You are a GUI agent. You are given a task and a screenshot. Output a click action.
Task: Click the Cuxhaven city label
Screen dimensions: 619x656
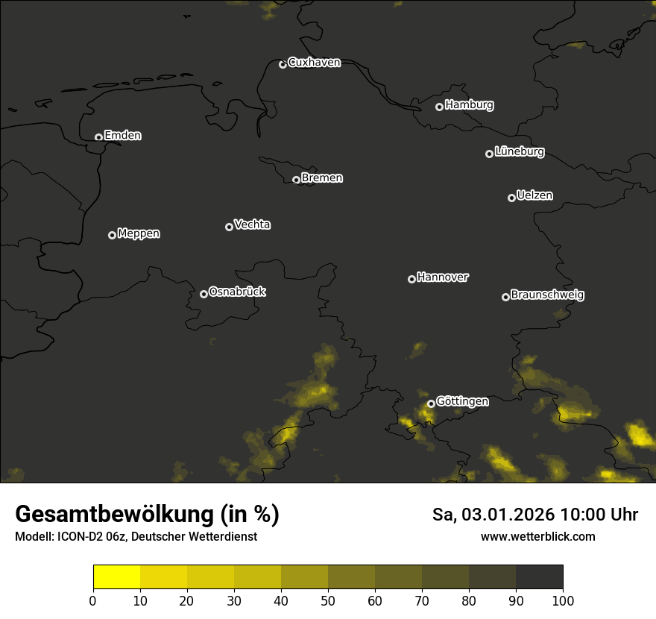click(314, 63)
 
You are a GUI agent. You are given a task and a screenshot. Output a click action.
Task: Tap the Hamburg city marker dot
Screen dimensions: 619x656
click(440, 107)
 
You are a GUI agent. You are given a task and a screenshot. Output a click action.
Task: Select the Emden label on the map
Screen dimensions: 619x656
click(122, 136)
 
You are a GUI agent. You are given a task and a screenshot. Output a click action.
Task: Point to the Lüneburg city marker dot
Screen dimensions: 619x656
click(489, 154)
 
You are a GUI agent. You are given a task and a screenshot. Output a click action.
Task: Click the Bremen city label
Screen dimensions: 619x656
click(322, 178)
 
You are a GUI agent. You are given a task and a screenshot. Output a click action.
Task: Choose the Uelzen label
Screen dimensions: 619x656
click(534, 195)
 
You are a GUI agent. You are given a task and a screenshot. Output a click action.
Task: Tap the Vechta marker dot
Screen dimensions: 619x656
click(229, 227)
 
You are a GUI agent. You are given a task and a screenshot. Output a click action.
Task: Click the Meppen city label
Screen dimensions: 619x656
click(139, 233)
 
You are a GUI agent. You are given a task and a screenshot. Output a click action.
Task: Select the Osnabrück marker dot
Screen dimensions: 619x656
click(204, 294)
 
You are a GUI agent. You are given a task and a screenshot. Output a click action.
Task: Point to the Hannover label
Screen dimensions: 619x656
click(443, 277)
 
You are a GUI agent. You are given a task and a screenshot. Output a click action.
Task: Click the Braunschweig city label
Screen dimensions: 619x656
click(547, 295)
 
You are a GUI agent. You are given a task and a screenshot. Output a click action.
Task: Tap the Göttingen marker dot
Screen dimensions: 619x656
click(431, 404)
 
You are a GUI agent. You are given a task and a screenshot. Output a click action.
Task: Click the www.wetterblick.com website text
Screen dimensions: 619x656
click(537, 536)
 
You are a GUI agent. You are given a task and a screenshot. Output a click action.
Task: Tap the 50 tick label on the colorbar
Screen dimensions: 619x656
click(328, 600)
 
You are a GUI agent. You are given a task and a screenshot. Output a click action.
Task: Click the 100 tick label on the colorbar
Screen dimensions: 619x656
click(563, 600)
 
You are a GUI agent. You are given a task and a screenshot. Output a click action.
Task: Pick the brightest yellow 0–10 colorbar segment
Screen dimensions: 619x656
click(116, 577)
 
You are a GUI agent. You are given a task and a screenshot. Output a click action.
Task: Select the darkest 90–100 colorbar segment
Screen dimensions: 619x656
click(539, 577)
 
